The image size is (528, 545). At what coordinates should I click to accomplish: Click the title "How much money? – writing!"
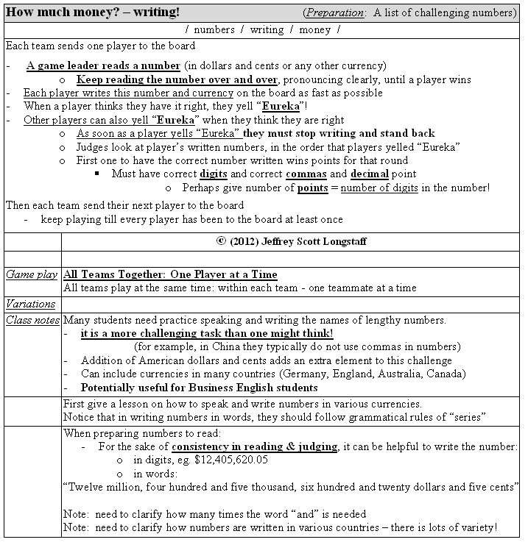coord(92,13)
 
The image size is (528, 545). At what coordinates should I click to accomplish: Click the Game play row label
coord(32,274)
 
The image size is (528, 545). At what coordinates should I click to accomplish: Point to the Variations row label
coord(31,304)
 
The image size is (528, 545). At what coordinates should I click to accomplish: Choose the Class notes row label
coord(32,320)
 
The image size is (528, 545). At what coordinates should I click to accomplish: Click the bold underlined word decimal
coord(368,174)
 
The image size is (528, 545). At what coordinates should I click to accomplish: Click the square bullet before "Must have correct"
coord(97,174)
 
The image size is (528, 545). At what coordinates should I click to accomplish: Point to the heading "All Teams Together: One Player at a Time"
coord(170,274)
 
